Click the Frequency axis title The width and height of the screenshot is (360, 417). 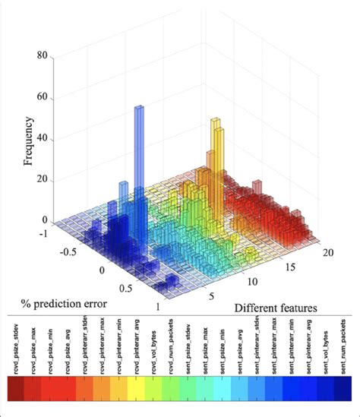point(28,141)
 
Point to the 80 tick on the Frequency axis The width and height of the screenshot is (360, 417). point(42,56)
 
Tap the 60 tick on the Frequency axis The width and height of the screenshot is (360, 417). point(42,97)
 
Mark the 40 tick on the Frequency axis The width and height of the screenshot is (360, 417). point(42,139)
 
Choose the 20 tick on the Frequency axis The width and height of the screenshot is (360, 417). point(42,180)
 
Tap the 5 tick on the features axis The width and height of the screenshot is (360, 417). point(213,295)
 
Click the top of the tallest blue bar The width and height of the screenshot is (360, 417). point(139,108)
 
